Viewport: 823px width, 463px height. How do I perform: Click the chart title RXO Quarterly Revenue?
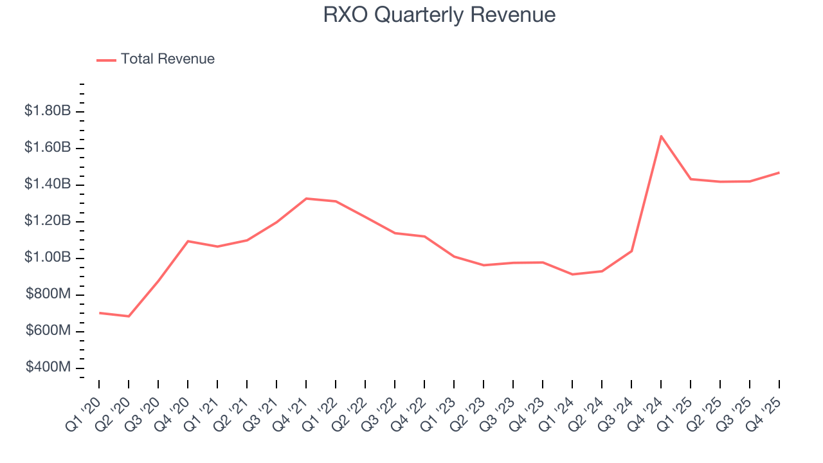439,15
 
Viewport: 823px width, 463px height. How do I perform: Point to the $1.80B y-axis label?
48,111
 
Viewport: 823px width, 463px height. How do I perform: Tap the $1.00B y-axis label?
48,258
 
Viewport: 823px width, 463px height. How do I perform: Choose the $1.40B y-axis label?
48,185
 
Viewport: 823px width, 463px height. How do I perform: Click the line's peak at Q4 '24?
661,136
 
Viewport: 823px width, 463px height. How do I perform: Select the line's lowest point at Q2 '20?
129,316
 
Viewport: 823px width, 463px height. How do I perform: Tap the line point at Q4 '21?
306,198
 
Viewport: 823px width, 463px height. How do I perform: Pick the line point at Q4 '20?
188,241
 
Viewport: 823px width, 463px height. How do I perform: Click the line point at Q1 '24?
572,275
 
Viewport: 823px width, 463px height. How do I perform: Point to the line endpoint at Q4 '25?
779,172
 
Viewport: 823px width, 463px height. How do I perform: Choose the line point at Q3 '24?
631,251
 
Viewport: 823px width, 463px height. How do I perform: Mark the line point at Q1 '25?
691,179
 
